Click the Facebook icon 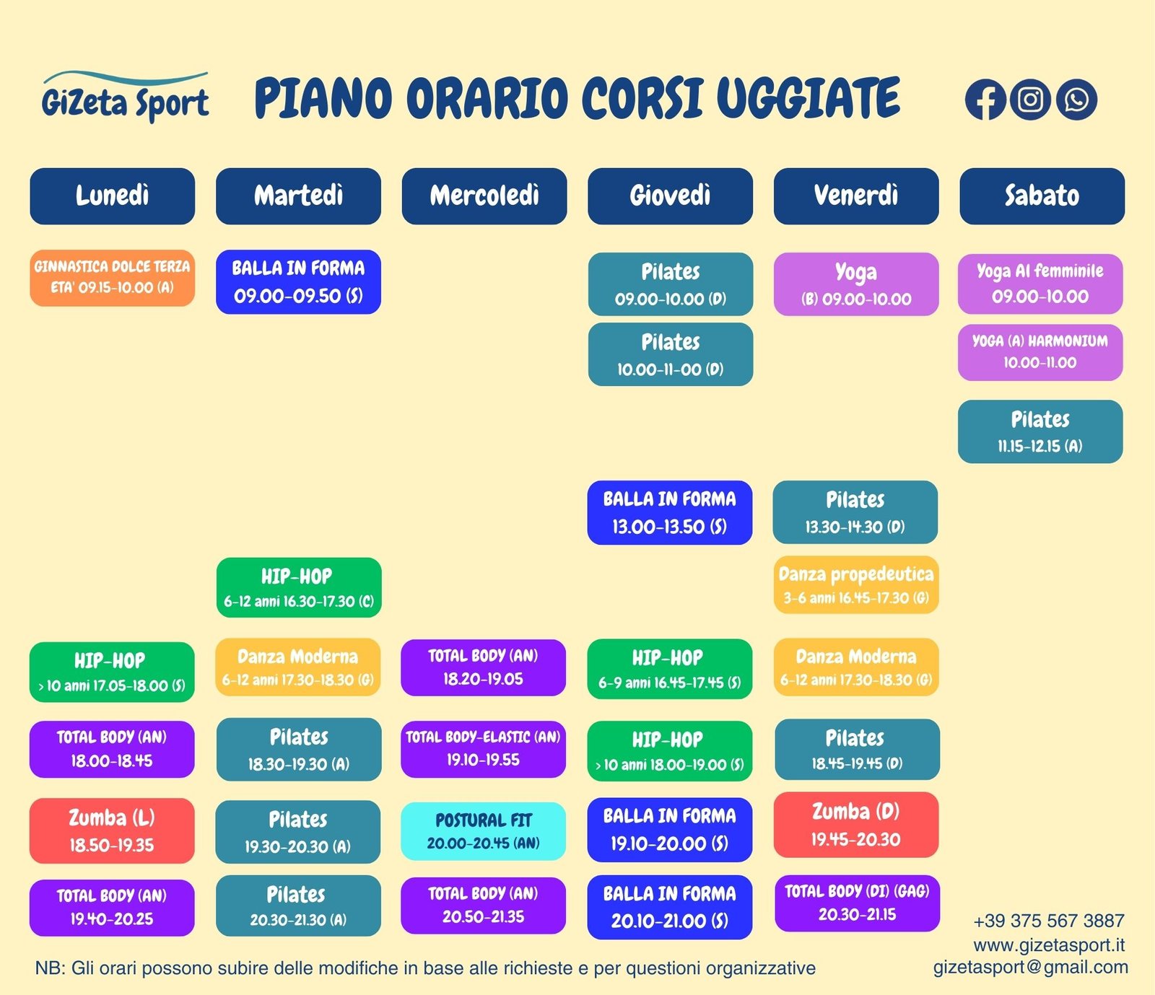[x=985, y=100]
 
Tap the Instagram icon [x=1030, y=100]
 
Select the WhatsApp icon [x=1076, y=100]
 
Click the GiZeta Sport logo [x=126, y=97]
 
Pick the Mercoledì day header [x=484, y=196]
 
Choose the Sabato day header [x=1042, y=196]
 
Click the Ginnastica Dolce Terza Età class [x=112, y=278]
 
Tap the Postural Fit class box [x=483, y=831]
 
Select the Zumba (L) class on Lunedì [x=112, y=830]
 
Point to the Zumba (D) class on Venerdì [x=856, y=825]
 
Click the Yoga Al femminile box [x=1040, y=284]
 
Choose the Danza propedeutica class [x=856, y=584]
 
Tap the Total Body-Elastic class [x=483, y=748]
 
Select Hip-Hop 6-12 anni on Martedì [x=299, y=587]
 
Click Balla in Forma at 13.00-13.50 [x=670, y=512]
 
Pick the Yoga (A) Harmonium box [x=1040, y=353]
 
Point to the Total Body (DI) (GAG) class [x=858, y=903]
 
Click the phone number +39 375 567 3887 [x=1049, y=921]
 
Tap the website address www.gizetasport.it [x=1049, y=944]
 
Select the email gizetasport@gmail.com [x=1031, y=968]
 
